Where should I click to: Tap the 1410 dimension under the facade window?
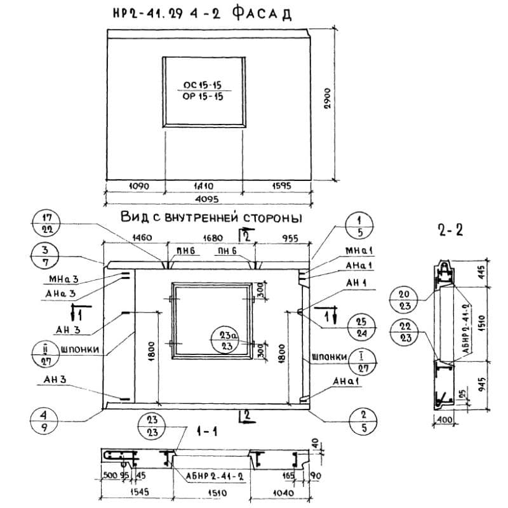tap(204, 187)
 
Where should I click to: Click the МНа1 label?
tap(359, 251)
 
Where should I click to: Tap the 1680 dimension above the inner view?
tap(213, 237)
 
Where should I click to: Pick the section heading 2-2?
tap(450, 230)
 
